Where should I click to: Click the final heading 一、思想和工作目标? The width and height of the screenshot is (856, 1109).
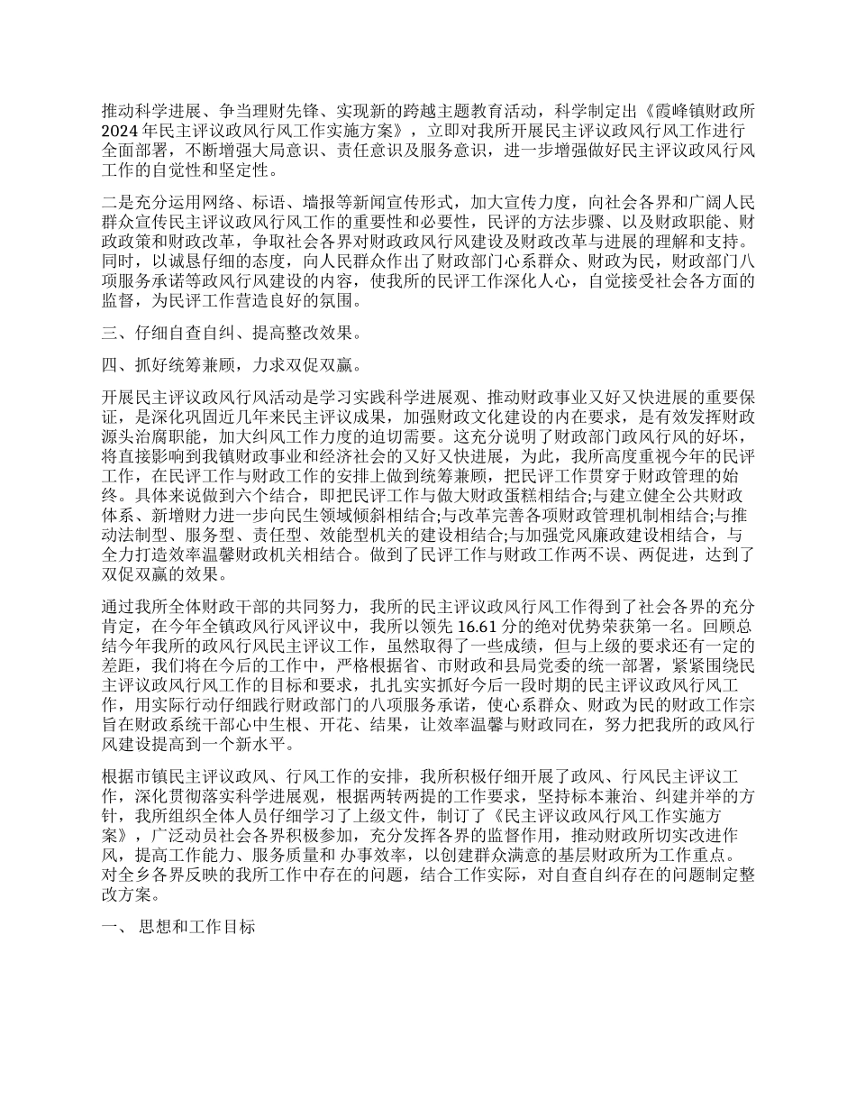178,929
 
